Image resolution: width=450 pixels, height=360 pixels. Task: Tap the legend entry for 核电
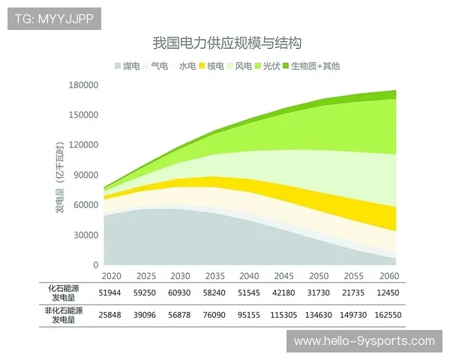215,66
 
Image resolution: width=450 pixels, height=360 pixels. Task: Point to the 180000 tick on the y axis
84,85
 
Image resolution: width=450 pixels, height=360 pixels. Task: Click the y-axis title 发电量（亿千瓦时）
59,174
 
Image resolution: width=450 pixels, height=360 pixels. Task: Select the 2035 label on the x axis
215,276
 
